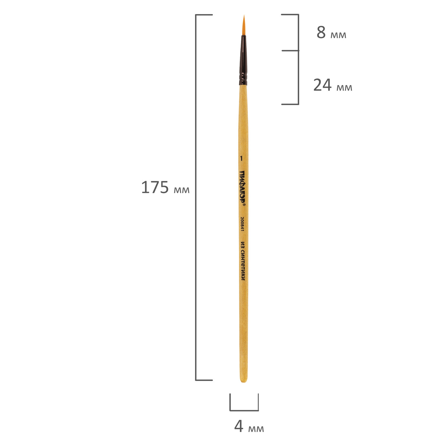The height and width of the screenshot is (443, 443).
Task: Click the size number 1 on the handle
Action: point(241,159)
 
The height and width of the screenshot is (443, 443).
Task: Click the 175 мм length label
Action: point(165,188)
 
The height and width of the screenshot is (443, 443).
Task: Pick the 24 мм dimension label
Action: point(333,85)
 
